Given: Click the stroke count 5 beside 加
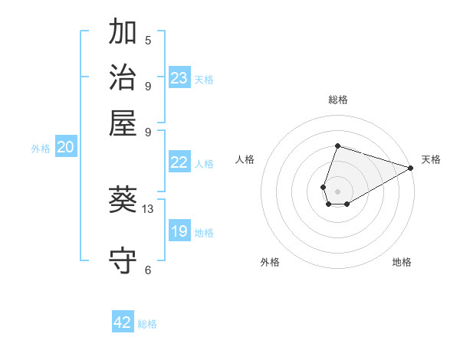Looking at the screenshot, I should click(148, 41).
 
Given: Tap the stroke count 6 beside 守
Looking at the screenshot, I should click(148, 270).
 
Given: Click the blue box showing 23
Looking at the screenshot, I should click(179, 78).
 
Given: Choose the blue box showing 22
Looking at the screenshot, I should click(179, 162).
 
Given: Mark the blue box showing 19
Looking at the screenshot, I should click(179, 231).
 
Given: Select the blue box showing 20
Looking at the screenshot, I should click(65, 148).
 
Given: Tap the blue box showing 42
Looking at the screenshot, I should click(123, 322).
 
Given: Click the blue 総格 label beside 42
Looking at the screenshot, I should click(148, 324).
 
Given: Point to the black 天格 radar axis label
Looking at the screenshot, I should click(431, 159).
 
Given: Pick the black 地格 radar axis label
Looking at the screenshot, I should click(402, 262).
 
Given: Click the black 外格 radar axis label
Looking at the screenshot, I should click(270, 262).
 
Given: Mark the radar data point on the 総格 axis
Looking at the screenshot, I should click(337, 146).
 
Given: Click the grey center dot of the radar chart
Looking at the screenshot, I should click(337, 191).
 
